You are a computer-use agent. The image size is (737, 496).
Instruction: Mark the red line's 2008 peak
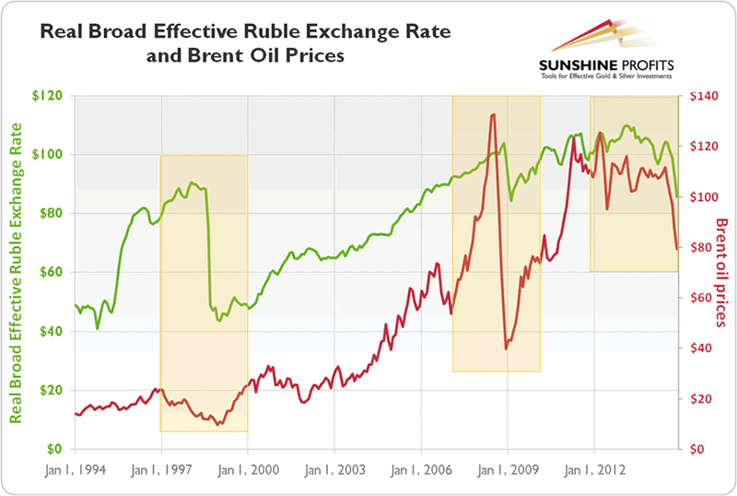point(494,114)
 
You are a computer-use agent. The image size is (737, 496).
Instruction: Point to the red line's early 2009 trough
point(506,348)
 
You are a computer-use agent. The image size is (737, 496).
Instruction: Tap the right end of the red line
point(677,248)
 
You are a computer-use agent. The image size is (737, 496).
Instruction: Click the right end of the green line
point(677,196)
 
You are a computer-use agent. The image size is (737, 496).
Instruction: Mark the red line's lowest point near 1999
point(218,424)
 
